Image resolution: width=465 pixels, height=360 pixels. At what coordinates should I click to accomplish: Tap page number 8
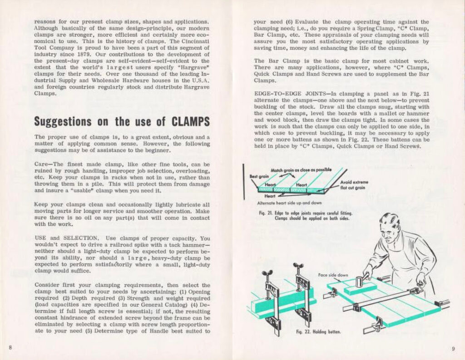[10, 348]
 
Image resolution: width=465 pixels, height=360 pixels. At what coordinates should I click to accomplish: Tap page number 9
[453, 349]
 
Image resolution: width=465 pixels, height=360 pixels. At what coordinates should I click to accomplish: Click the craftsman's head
[390, 227]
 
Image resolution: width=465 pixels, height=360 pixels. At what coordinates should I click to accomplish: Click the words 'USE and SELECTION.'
[67, 238]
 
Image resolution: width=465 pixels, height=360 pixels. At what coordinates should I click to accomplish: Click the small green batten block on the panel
[360, 288]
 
